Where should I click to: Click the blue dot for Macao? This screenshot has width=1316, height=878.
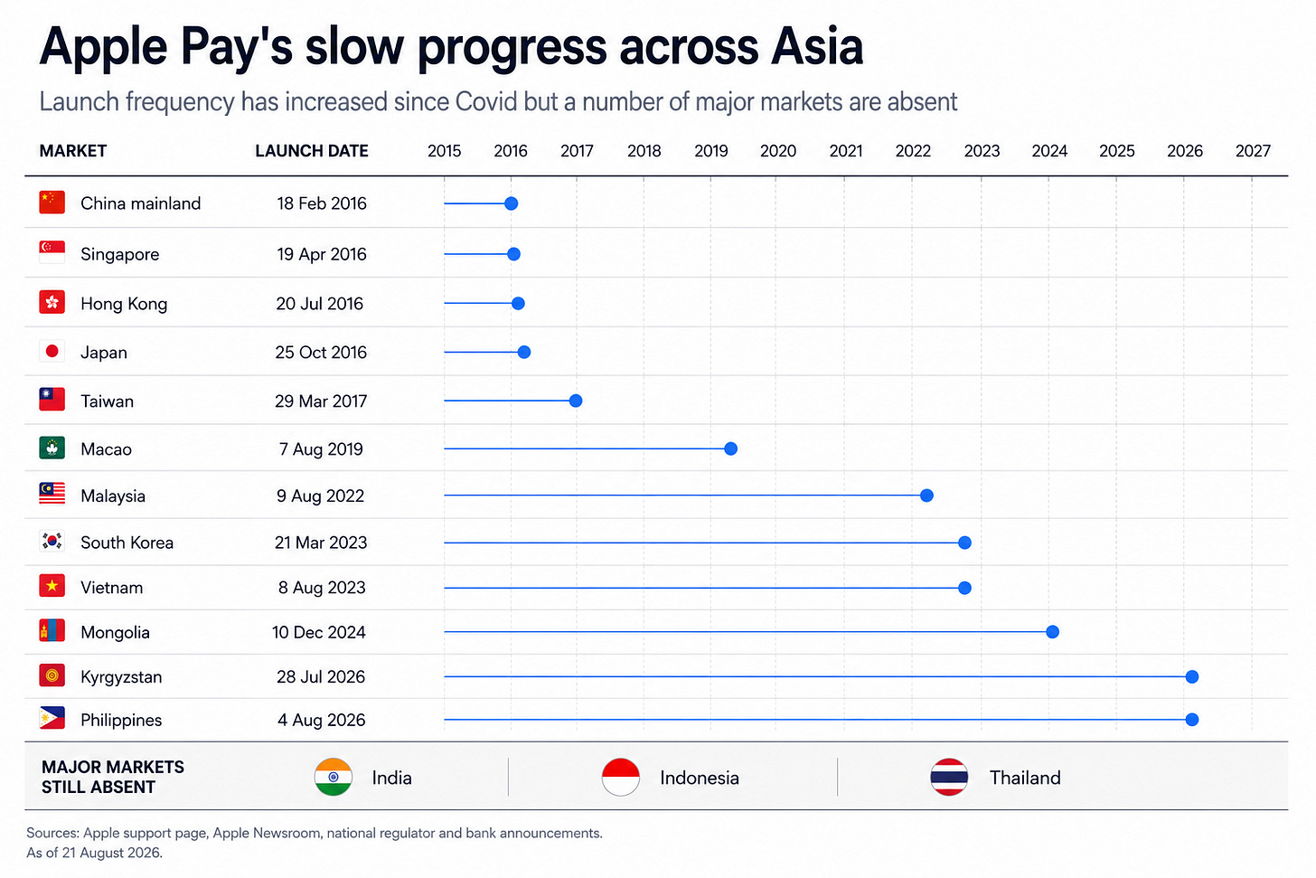[x=730, y=449]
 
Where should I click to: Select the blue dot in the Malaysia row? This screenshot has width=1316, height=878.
[x=926, y=496]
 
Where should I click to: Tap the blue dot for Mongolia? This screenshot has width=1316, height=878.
[x=1052, y=632]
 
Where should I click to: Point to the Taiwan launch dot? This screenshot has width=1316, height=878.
[x=575, y=401]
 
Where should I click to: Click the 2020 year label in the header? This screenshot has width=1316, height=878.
[x=778, y=151]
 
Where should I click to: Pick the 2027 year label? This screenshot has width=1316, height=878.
[x=1253, y=151]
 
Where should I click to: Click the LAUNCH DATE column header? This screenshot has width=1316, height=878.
[x=311, y=151]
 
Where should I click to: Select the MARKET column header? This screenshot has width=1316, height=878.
[x=73, y=151]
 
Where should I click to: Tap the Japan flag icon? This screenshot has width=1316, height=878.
[x=52, y=352]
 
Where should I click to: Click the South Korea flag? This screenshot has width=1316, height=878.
[x=52, y=542]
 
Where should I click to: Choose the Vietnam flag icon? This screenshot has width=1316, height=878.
[x=52, y=586]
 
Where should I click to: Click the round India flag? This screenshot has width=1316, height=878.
[x=334, y=777]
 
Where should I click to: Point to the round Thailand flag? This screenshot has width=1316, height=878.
[x=949, y=777]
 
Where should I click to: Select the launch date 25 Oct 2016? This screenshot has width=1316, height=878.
[x=321, y=352]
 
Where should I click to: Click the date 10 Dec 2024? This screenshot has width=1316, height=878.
[x=318, y=632]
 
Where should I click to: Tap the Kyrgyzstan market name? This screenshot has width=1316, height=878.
[x=121, y=677]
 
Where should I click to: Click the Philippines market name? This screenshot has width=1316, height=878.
[x=121, y=720]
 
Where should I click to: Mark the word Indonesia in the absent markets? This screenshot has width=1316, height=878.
[x=700, y=778]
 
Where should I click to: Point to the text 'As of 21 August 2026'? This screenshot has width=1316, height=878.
[x=94, y=852]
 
